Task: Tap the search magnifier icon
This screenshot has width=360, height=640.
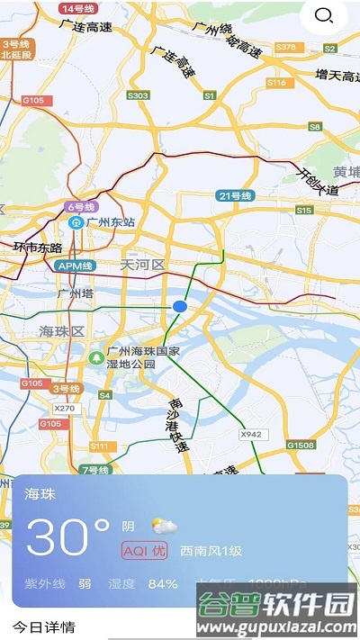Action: (324, 15)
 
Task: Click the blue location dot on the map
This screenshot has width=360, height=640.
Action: (180, 307)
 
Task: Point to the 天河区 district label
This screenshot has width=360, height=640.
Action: (143, 265)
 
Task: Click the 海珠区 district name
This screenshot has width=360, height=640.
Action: (61, 331)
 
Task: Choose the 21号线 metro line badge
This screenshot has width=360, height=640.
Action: (235, 195)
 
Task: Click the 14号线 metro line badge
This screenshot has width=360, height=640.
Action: (79, 8)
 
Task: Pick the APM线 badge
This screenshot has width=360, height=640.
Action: (76, 266)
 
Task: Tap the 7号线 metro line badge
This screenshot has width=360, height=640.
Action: (94, 470)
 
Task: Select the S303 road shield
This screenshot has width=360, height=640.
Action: (139, 95)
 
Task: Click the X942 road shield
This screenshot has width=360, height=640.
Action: (251, 435)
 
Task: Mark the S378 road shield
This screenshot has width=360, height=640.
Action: (285, 46)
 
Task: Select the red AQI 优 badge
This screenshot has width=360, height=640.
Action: (145, 550)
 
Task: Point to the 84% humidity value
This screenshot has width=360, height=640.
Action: (163, 583)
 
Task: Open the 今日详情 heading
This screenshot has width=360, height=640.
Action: (43, 626)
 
